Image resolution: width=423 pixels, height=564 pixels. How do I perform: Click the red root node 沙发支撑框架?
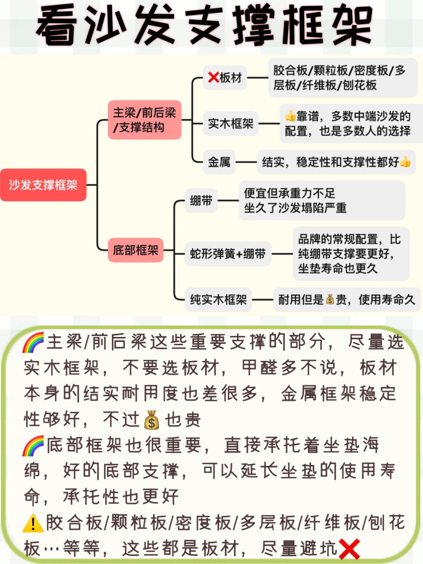43,185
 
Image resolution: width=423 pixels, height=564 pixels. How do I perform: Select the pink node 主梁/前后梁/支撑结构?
144,120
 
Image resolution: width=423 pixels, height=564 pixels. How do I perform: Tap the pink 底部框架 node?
135,250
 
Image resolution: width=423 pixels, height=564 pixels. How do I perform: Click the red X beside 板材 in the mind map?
213,78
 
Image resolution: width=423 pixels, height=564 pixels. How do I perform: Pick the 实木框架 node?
230,124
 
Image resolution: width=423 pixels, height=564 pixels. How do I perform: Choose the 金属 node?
219,162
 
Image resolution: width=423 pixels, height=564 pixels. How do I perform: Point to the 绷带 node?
201,201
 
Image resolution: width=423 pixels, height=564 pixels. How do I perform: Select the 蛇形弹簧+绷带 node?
228,254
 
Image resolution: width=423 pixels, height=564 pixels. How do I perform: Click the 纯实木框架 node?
218,300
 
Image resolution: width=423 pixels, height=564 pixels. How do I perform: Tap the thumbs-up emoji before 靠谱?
290,116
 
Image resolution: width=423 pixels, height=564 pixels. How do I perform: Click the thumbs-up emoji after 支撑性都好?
405,162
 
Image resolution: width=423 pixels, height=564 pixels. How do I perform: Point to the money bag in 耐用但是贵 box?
330,299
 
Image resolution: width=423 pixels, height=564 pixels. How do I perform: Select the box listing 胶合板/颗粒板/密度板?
342,78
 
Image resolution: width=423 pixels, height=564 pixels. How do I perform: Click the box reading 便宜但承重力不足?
322,201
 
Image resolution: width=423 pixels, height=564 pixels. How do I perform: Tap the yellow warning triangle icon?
33,523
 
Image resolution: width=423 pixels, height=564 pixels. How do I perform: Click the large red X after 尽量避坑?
349,548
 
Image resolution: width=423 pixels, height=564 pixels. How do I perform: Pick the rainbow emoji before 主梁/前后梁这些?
33,343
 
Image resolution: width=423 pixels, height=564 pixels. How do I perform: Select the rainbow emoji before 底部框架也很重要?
33,446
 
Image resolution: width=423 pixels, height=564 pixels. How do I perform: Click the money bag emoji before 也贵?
152,420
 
